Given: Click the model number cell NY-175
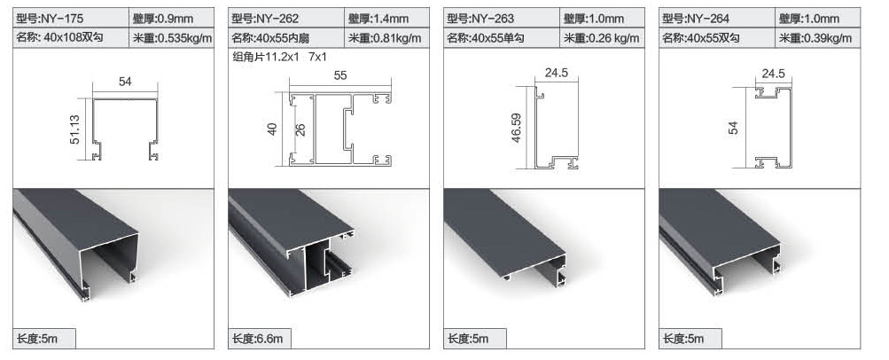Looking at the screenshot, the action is coord(71,18).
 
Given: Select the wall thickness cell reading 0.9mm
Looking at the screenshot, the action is coord(172,18).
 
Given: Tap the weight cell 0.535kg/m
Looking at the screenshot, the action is coord(172,38).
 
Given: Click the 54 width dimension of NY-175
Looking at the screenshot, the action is coord(125,82).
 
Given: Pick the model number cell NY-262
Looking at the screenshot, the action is coord(287,18).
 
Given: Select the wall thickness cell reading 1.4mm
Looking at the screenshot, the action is coord(387,18).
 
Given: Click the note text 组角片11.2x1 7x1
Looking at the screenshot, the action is coord(279,57).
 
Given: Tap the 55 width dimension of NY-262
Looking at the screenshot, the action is coord(340,75).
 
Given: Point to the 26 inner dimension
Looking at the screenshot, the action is coord(301,129).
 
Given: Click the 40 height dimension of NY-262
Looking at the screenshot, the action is coord(273,129).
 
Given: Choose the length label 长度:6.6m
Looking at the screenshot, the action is coord(260,339).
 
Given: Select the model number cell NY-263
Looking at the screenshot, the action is coord(503,18).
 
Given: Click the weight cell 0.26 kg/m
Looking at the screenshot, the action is coord(603,38).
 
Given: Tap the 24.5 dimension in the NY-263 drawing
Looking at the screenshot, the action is coord(557,73).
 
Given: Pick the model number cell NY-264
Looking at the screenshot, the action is coord(718,18).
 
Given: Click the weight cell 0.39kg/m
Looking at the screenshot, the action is coord(818,38).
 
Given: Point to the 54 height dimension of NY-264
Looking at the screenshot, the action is coord(734,128).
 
